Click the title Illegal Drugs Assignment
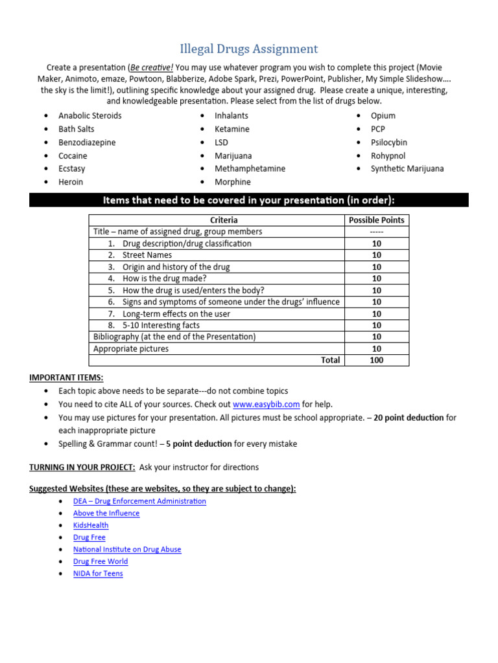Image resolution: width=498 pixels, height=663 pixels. pos(248,49)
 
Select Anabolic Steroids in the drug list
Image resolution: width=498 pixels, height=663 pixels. pos(89,115)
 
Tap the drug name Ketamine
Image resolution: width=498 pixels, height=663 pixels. pos(231,129)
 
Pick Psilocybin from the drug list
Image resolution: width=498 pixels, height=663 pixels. pos(388,142)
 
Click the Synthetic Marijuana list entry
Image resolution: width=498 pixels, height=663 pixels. pos(407,168)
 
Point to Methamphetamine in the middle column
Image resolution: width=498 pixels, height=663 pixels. pos(250,168)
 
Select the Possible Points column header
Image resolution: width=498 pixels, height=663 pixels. pos(376,220)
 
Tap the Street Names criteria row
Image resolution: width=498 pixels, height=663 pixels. pos(147,255)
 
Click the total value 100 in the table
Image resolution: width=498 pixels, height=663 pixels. pos(376,360)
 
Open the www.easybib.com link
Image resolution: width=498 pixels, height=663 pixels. pos(266,404)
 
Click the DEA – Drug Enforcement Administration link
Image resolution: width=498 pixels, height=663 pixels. pos(139,501)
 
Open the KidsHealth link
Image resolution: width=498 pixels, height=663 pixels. pos(91,525)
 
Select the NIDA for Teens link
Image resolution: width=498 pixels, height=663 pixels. pos(98,574)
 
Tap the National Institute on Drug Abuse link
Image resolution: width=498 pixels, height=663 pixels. pos(127,549)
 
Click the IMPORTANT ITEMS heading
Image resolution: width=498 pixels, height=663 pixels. pos(66,377)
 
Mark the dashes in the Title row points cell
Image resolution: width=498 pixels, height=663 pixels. pos(376,232)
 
